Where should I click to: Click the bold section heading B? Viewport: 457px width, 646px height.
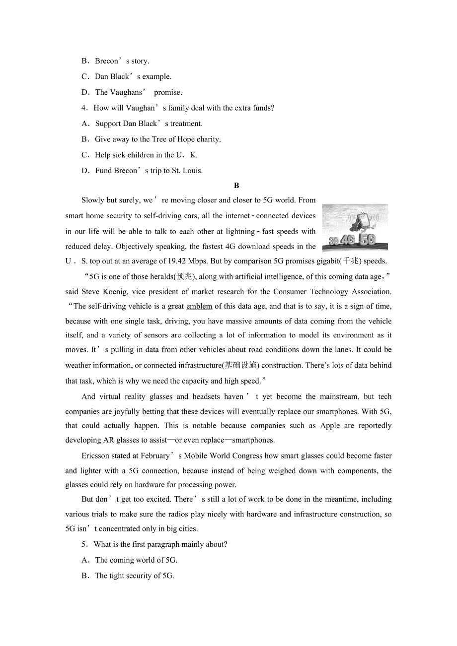(236, 186)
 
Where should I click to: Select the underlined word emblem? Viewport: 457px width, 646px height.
(199, 306)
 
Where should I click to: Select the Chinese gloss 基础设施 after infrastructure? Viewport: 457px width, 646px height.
(241, 365)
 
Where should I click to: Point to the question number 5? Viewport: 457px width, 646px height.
(84, 544)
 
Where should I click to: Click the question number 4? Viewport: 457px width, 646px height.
(84, 108)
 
